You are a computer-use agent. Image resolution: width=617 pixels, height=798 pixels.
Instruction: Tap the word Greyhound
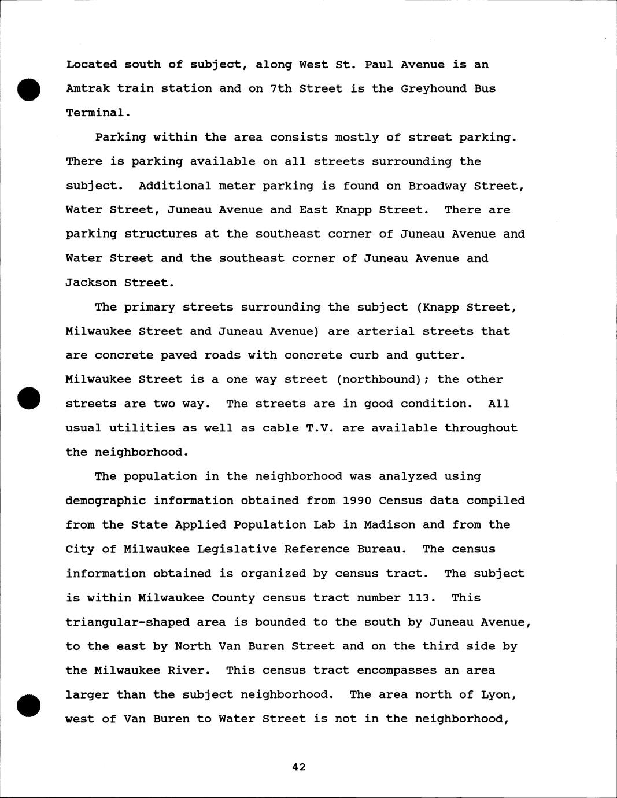point(434,88)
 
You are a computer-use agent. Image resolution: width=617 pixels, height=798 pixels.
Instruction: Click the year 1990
point(357,500)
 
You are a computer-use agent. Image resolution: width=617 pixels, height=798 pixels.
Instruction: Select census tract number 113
point(419,597)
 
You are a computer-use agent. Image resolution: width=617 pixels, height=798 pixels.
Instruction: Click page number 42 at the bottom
point(298,767)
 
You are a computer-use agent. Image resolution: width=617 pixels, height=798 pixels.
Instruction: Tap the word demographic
point(105,500)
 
